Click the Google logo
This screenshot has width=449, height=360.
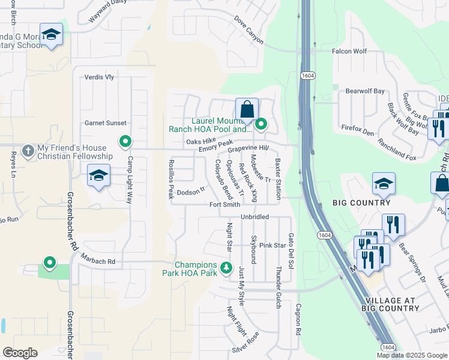pyautogui.click(x=20, y=353)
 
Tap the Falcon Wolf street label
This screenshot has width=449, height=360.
pyautogui.click(x=350, y=52)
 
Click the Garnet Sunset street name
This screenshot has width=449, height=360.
pyautogui.click(x=106, y=123)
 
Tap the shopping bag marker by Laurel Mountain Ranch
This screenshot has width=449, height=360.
pyautogui.click(x=247, y=110)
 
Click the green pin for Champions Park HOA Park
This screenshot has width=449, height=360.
pyautogui.click(x=226, y=268)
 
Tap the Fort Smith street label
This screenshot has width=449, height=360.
pyautogui.click(x=224, y=205)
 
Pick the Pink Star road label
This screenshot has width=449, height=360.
pyautogui.click(x=272, y=245)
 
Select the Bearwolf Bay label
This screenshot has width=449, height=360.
pyautogui.click(x=365, y=91)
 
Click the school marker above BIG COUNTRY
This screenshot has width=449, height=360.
pyautogui.click(x=384, y=184)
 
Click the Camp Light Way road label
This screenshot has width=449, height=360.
pyautogui.click(x=128, y=181)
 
